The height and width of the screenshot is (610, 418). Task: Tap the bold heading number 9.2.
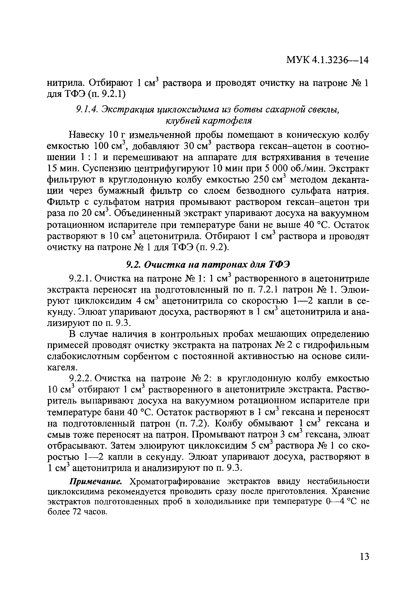132,265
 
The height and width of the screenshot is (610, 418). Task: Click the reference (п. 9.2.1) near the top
106,94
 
